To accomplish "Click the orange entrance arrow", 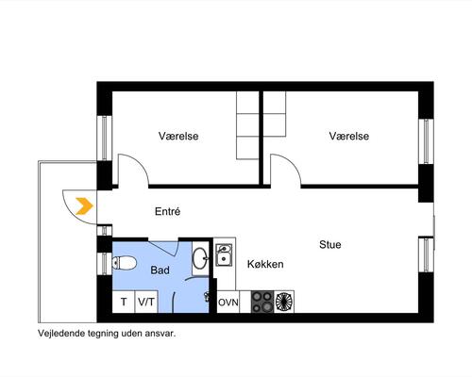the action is pyautogui.click(x=85, y=206).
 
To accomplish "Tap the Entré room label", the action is pyautogui.click(x=168, y=211).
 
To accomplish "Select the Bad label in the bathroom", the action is pyautogui.click(x=160, y=270).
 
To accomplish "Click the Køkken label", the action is pyautogui.click(x=265, y=264).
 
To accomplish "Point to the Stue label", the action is pyautogui.click(x=330, y=244).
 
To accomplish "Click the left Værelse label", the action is pyautogui.click(x=178, y=136).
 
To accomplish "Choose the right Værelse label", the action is pyautogui.click(x=349, y=136).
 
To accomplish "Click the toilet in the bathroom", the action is pyautogui.click(x=124, y=263).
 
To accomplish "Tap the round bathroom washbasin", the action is pyautogui.click(x=200, y=258).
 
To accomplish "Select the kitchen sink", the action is pyautogui.click(x=224, y=255).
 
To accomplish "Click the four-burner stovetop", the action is pyautogui.click(x=262, y=302).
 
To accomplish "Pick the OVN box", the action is pyautogui.click(x=228, y=302).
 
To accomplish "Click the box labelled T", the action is pyautogui.click(x=124, y=302).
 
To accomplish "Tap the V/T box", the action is pyautogui.click(x=146, y=302).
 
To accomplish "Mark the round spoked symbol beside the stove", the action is pyautogui.click(x=284, y=302).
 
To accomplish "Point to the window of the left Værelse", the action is pyautogui.click(x=105, y=139).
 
